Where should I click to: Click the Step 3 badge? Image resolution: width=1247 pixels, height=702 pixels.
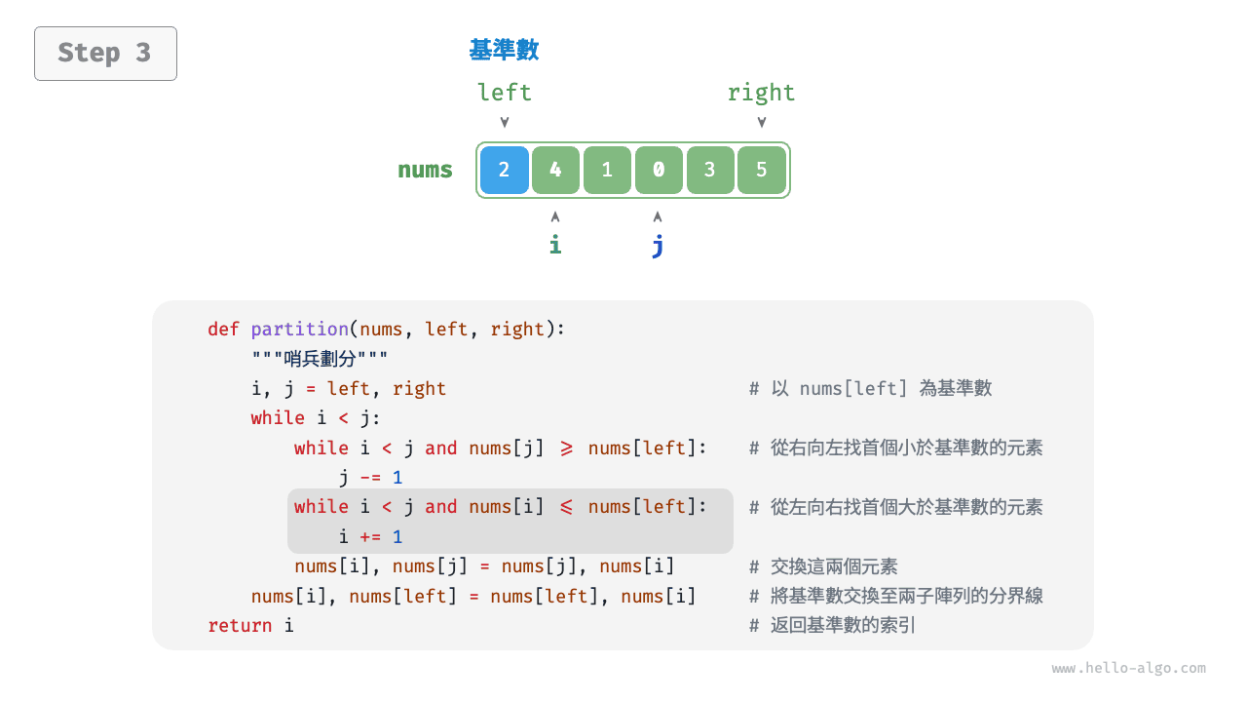click(x=105, y=53)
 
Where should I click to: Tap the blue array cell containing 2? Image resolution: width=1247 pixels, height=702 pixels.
click(x=504, y=170)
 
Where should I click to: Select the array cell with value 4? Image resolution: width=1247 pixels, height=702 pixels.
click(x=555, y=170)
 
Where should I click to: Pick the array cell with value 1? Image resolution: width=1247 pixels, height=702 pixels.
click(x=607, y=170)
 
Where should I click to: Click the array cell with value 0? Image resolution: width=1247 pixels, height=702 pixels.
click(x=659, y=170)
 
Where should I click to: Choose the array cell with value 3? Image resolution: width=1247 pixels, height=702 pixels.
click(x=709, y=170)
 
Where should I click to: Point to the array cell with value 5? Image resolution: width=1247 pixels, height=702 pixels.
click(x=761, y=170)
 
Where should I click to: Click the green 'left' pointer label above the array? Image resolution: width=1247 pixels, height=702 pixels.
click(x=504, y=93)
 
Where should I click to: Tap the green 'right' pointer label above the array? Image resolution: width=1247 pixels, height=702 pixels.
click(x=761, y=93)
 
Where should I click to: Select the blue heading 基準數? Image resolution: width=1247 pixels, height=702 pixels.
click(x=504, y=50)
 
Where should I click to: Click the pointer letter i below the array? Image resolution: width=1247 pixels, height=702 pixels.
click(x=555, y=245)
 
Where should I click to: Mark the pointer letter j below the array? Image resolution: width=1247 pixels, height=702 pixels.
click(x=658, y=245)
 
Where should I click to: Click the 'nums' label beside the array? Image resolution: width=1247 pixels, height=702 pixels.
click(x=425, y=170)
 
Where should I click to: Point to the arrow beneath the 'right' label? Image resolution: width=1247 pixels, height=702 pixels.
click(x=762, y=123)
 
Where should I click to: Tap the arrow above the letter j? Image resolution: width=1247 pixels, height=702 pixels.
click(x=658, y=216)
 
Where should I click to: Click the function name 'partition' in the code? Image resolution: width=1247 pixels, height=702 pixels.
click(x=299, y=330)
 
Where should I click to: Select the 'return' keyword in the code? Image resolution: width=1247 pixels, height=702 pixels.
click(x=241, y=626)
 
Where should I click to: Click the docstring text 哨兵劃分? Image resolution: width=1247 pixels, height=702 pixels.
click(x=321, y=359)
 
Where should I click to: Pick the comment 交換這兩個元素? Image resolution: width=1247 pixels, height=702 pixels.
click(x=834, y=566)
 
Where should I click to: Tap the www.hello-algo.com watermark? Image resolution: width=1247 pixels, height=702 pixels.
click(x=1128, y=669)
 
